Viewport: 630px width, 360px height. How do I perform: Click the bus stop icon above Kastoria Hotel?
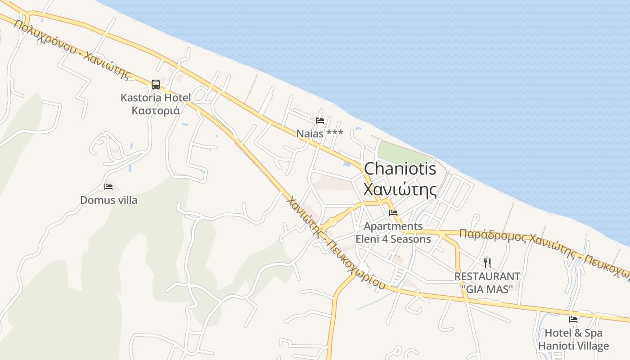(x=156, y=84)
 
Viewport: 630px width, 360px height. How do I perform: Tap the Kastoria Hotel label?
(x=156, y=97)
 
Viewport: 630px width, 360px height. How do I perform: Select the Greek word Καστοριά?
(x=156, y=110)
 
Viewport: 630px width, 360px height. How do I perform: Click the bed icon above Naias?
(x=320, y=121)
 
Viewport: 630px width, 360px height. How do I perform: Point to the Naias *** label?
(x=319, y=134)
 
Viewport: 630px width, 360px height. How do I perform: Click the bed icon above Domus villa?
(x=108, y=187)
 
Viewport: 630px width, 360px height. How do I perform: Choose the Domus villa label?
(x=108, y=200)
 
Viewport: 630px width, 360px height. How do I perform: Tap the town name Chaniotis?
(x=400, y=169)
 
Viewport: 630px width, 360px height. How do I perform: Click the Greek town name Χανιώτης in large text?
(x=400, y=189)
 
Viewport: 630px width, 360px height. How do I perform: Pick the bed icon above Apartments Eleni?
(x=393, y=213)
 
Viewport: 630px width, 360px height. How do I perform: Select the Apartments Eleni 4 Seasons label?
(x=393, y=233)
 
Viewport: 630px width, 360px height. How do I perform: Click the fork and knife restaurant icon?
(x=487, y=263)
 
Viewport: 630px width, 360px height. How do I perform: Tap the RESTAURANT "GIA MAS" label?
(x=487, y=283)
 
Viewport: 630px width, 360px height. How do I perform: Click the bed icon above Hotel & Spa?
(x=573, y=319)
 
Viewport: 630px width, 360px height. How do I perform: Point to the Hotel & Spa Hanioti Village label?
(x=573, y=340)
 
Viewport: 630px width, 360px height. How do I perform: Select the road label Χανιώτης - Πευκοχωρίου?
(x=335, y=243)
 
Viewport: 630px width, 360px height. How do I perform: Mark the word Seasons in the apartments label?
(x=410, y=239)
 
